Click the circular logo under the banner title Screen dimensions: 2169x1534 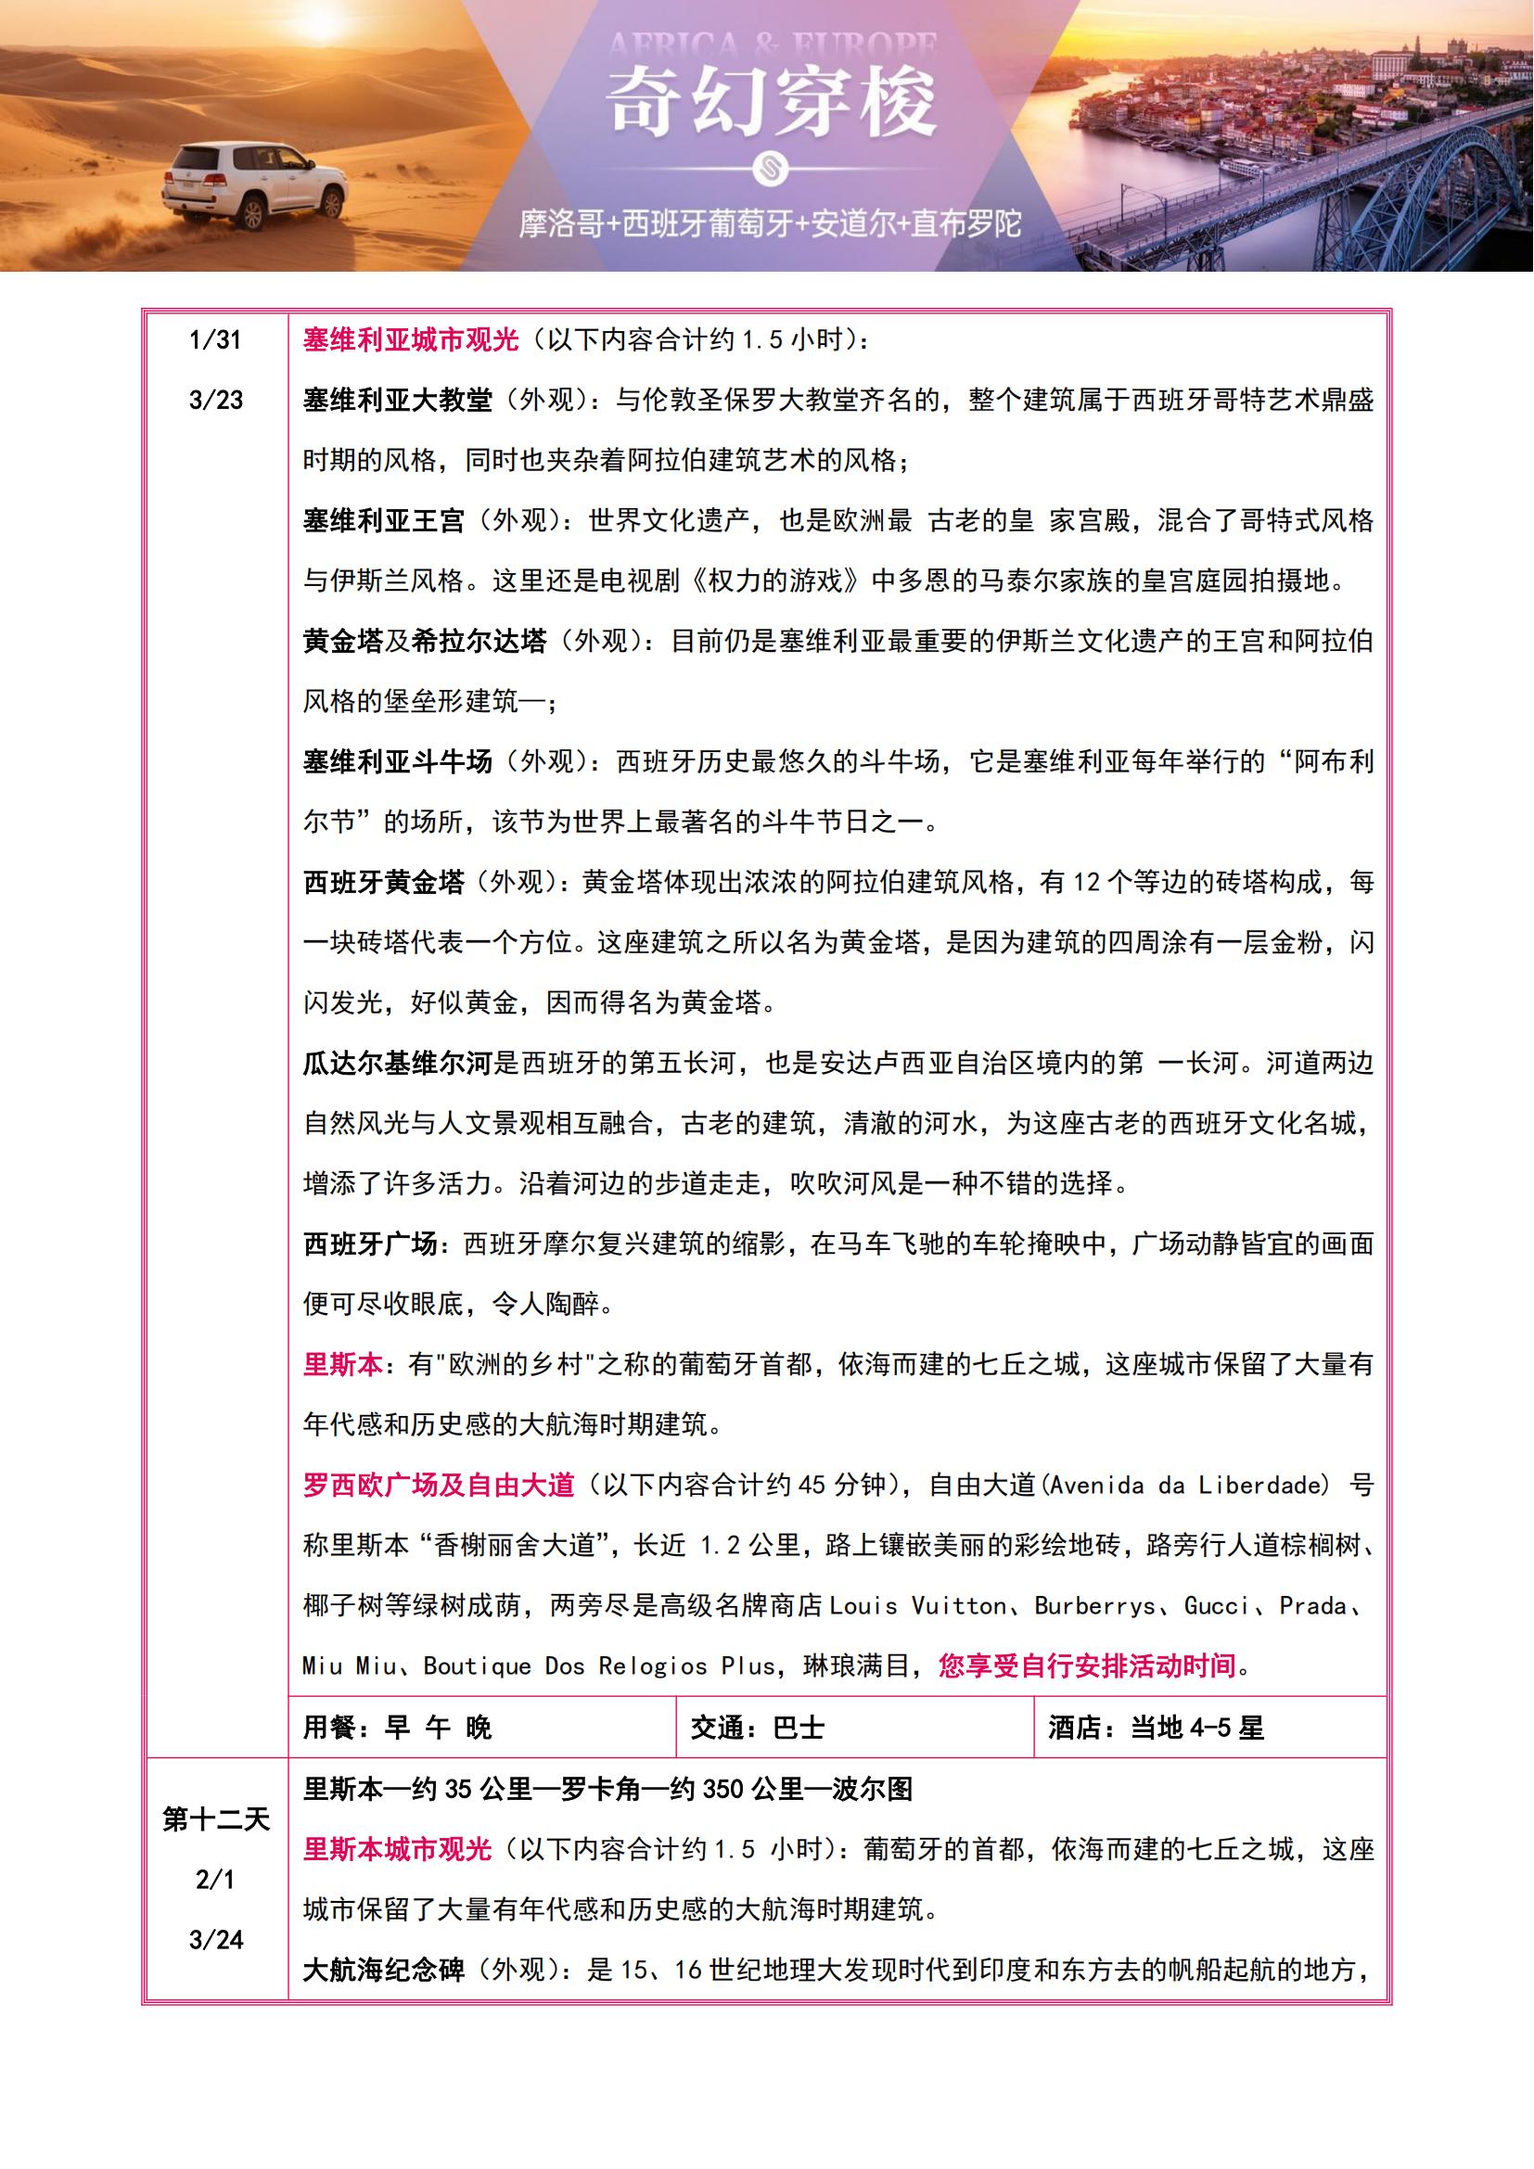pos(770,168)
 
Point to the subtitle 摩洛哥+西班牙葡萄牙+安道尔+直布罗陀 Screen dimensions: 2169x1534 pos(770,223)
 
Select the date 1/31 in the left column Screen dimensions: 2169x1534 pos(215,340)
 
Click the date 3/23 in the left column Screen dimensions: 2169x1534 pos(215,401)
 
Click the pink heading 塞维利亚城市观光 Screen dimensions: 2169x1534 pos(411,340)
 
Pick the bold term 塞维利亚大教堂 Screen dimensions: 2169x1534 pos(398,401)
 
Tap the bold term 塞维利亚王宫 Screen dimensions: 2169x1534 pos(384,520)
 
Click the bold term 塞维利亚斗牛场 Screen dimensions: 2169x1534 pos(398,761)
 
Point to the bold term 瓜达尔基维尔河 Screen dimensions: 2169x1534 pos(398,1064)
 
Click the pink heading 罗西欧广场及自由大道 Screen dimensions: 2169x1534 pos(439,1485)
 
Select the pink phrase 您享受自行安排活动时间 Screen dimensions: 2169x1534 pos(1087,1665)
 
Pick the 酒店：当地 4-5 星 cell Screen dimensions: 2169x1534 pos(1156,1728)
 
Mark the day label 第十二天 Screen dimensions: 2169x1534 pos(215,1819)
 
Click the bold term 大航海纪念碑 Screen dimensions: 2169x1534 pos(384,1970)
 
